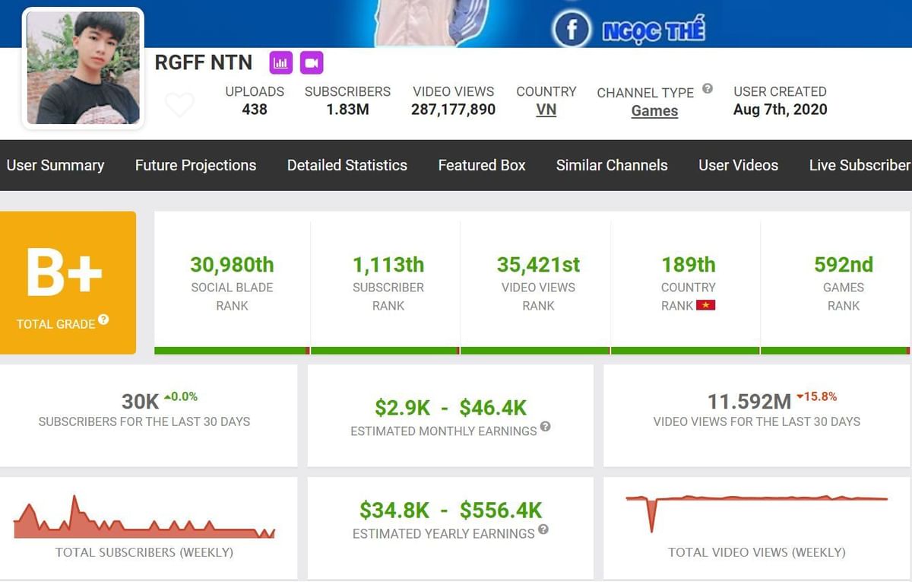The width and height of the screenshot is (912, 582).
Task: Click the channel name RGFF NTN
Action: point(203,62)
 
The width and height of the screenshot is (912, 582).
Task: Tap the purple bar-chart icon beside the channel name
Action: point(280,62)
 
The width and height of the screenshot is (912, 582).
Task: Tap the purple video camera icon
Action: point(311,62)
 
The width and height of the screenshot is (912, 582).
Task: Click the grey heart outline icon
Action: point(179,105)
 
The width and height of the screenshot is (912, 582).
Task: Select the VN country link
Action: point(546,110)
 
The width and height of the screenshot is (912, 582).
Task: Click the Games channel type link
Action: point(654,111)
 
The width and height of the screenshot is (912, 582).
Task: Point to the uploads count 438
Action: point(255,110)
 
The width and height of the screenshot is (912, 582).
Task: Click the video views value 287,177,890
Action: point(453,110)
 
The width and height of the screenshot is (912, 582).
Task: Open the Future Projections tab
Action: point(195,165)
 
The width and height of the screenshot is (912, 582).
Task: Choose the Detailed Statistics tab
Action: point(347,165)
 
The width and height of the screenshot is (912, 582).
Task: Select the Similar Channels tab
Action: point(611,165)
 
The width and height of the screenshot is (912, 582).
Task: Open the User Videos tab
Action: point(738,165)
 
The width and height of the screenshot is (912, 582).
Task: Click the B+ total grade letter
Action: point(64,272)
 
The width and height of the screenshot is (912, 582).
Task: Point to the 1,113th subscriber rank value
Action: point(388,265)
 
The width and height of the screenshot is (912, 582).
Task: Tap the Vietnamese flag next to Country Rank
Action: point(708,306)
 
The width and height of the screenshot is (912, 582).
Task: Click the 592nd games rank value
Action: point(843,265)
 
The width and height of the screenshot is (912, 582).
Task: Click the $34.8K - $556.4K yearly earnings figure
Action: point(450,510)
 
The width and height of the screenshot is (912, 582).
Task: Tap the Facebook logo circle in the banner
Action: point(572,30)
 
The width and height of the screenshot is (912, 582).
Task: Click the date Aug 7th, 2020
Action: point(780,110)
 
